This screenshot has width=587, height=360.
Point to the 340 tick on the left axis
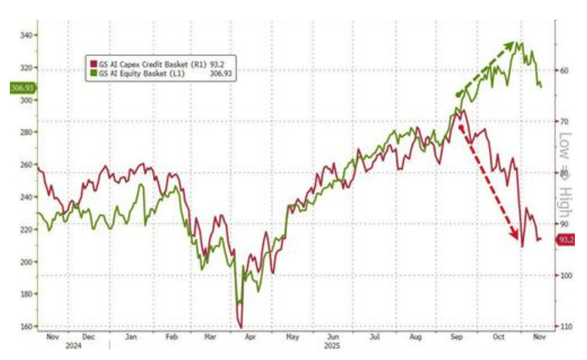(26, 35)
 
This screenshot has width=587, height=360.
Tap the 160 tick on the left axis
(26, 326)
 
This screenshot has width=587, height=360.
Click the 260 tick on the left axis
(26, 164)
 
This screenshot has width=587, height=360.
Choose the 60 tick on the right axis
(563, 70)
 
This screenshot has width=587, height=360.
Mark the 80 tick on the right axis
(563, 172)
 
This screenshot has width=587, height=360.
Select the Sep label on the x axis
(457, 338)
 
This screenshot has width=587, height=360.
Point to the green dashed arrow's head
(518, 44)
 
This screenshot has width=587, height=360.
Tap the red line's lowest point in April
(241, 326)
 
